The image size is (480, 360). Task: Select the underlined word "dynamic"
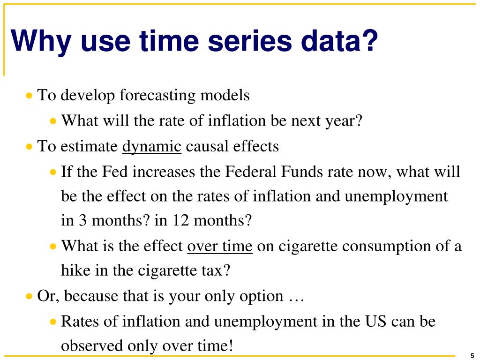[151, 147]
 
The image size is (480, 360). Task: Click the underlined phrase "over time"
[219, 246]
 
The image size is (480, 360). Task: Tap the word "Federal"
[251, 172]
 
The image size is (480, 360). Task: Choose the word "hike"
[74, 270]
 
